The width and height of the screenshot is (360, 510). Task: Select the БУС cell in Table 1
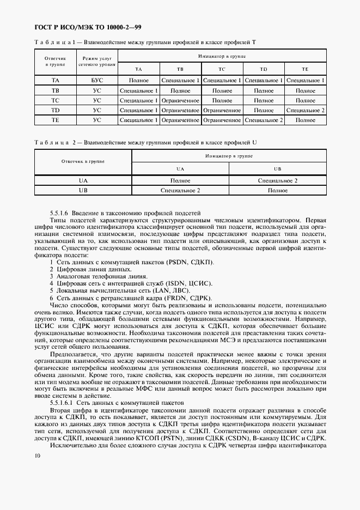[x=97, y=80]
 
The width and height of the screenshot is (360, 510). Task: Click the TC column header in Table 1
[x=222, y=70]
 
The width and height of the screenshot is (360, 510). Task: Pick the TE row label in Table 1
[x=55, y=120]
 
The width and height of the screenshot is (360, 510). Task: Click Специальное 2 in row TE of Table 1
[x=264, y=120]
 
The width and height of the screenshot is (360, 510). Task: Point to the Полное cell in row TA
[x=138, y=80]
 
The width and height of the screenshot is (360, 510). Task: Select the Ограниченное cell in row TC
[x=180, y=100]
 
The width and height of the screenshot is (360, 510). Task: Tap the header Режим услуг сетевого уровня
[x=97, y=60]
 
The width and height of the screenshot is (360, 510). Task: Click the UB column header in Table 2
[x=277, y=169]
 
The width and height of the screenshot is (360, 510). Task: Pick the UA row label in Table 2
[x=83, y=180]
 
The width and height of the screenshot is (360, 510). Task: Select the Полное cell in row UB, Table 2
[x=277, y=191]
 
